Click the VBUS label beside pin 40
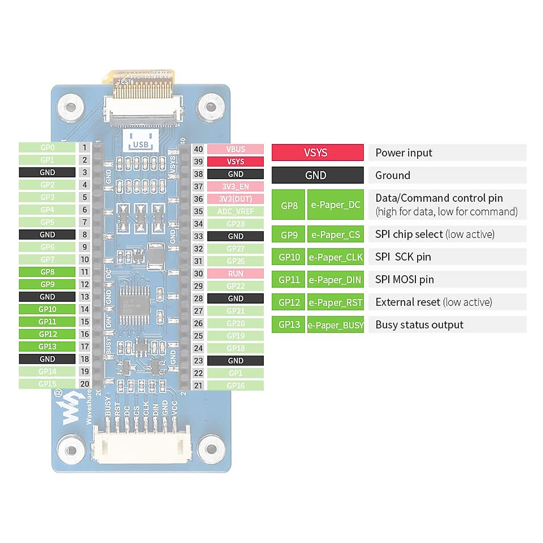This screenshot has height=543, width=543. click(235, 149)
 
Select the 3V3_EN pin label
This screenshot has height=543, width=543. click(235, 186)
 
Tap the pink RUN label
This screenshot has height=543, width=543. click(235, 274)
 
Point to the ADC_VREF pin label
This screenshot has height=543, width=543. click(235, 211)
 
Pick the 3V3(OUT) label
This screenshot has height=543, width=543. click(235, 199)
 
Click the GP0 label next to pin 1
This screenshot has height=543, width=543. click(47, 148)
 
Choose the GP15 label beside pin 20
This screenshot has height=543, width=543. click(47, 384)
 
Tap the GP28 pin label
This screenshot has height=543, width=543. click(235, 224)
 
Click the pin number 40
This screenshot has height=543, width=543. click(198, 149)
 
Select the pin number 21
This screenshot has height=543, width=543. click(198, 386)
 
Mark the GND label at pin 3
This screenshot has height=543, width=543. click(47, 172)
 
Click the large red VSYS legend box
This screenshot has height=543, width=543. click(317, 152)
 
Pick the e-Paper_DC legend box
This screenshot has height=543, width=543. click(335, 205)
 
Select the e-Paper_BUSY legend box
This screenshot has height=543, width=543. click(335, 325)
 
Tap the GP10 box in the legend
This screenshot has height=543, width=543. click(289, 257)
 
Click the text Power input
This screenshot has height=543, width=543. click(404, 153)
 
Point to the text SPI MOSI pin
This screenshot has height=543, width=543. click(405, 280)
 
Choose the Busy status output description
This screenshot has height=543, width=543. click(419, 325)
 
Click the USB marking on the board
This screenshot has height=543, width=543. click(141, 144)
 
